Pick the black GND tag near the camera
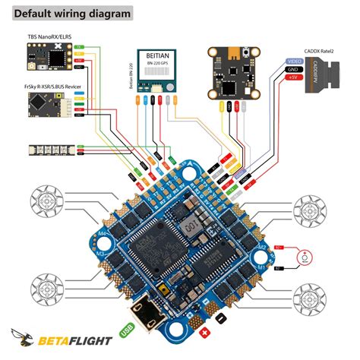point(293,69)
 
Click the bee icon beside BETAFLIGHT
point(23,335)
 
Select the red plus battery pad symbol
point(203,333)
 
